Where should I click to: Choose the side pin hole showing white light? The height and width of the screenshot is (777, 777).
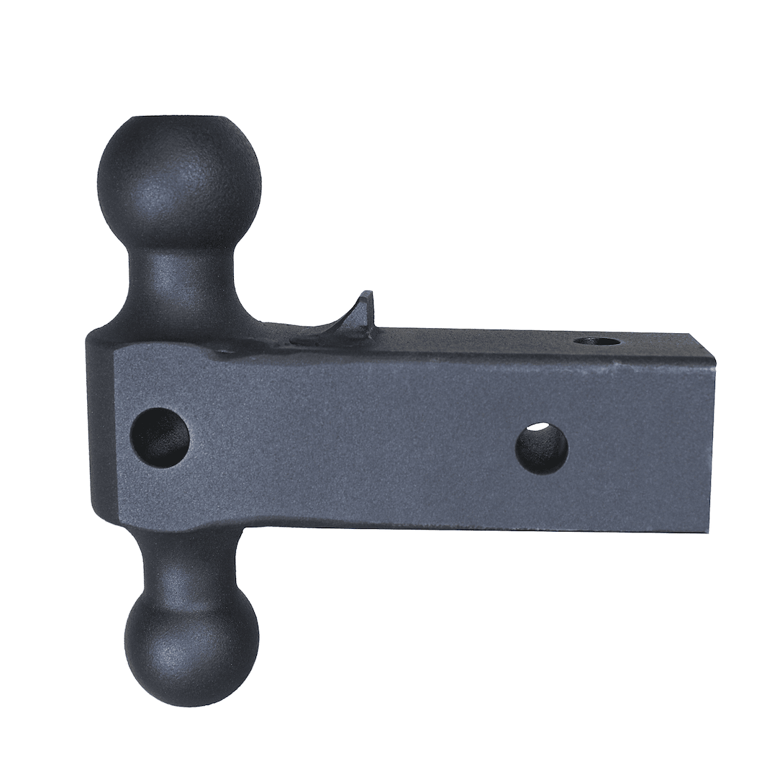pos(542,448)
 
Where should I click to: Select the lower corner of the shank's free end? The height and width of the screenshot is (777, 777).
pos(709,531)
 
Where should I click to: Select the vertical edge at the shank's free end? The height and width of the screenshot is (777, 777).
pos(712,446)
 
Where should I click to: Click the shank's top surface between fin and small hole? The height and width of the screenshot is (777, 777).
pos(475,338)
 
